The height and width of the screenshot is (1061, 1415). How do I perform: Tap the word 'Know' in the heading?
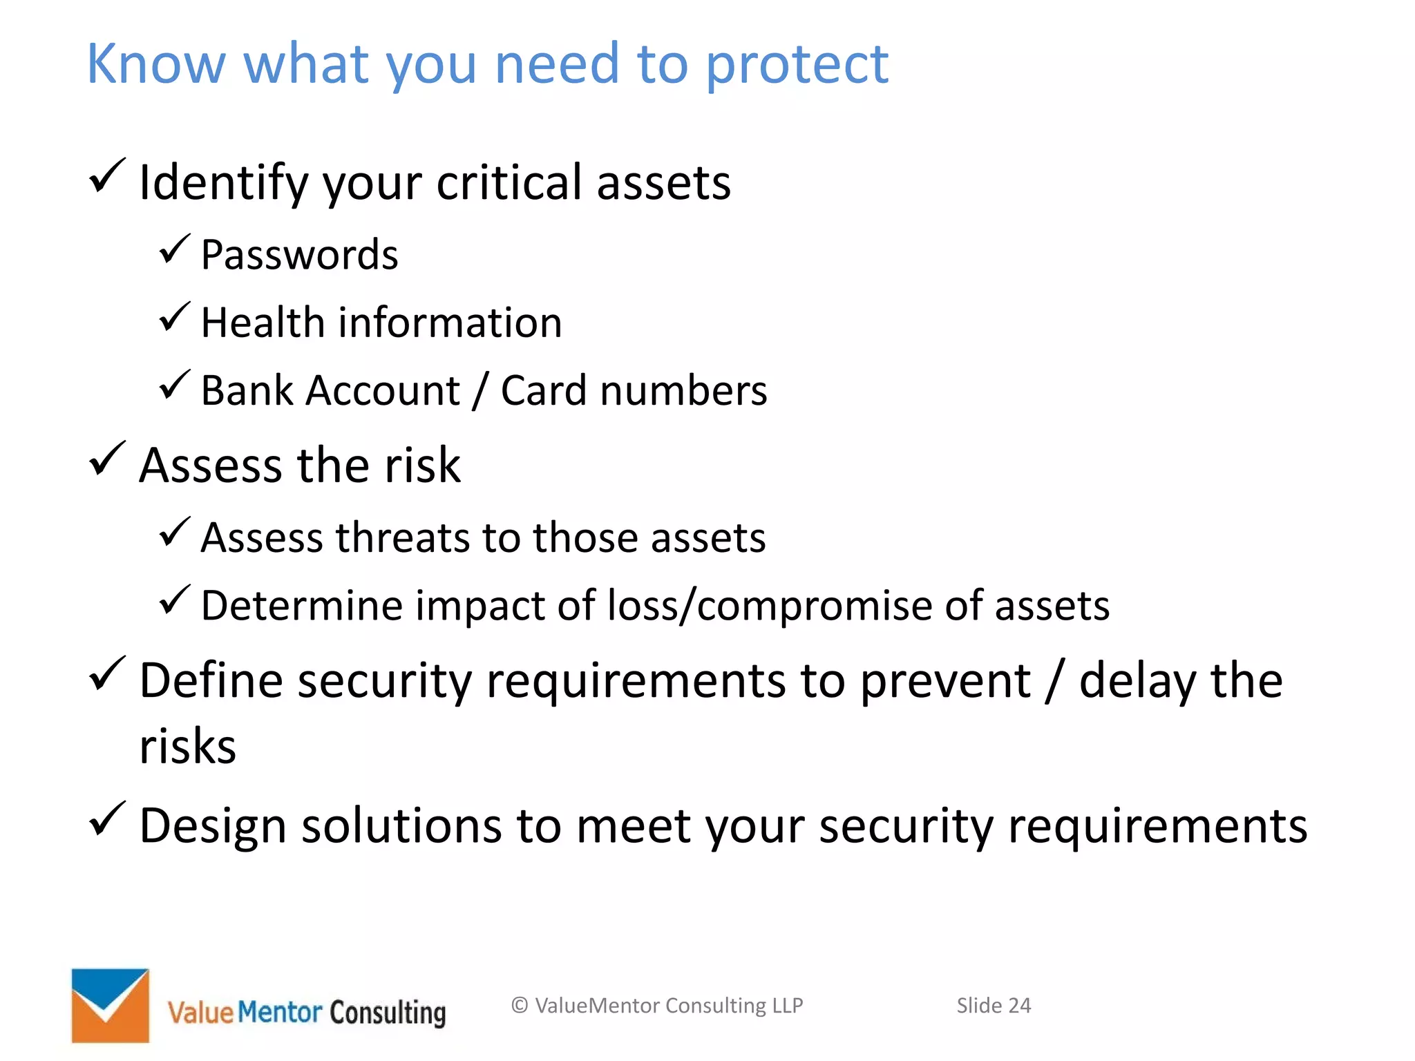(x=155, y=64)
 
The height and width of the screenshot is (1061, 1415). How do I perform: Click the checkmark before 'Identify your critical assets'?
(x=107, y=176)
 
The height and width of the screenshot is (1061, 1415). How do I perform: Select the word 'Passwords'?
(x=299, y=254)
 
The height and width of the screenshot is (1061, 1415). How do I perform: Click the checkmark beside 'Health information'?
(x=174, y=317)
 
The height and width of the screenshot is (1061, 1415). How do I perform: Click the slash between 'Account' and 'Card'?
(x=479, y=391)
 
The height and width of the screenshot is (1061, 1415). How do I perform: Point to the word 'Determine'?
(x=302, y=606)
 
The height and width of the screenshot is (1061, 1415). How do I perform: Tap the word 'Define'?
(x=211, y=680)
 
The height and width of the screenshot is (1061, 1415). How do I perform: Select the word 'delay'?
(x=1137, y=682)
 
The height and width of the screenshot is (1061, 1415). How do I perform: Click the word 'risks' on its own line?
(x=187, y=747)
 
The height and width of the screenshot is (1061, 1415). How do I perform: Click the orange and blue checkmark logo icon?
(x=111, y=1005)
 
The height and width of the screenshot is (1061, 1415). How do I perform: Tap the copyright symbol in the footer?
(x=520, y=1006)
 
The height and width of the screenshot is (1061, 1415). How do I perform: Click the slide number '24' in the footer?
(x=1019, y=1006)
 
